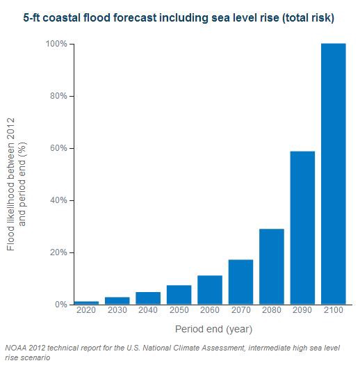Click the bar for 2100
point(333,174)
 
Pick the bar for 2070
point(240,282)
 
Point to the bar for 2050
point(179,295)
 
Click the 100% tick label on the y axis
point(56,44)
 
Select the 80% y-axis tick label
point(58,96)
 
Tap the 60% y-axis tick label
point(58,148)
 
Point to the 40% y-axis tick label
point(58,200)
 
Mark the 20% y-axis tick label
point(58,252)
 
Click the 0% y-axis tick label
point(60,305)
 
